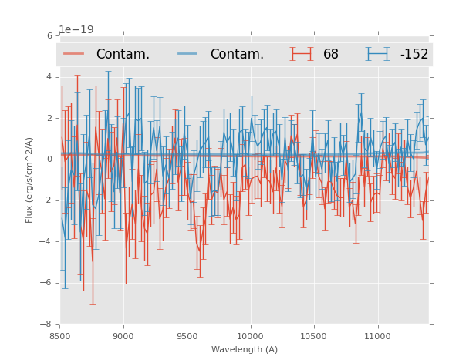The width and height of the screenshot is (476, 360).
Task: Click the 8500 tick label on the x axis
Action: pos(60,336)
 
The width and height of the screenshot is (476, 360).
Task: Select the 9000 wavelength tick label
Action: pos(123,336)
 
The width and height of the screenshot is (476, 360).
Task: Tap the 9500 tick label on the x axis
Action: pos(187,336)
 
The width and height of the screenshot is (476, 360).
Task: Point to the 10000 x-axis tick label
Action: pos(250,336)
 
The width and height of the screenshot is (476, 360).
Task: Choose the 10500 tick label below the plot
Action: pos(314,336)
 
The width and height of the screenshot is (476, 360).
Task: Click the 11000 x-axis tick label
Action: pos(377,336)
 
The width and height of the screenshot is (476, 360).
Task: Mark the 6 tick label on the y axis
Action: pos(49,35)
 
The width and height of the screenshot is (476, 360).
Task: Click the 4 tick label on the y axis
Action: pos(49,77)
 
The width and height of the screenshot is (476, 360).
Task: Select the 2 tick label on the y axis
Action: pos(49,118)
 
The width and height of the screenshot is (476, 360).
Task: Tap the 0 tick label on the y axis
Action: pos(49,160)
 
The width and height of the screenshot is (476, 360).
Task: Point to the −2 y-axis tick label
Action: pos(47,200)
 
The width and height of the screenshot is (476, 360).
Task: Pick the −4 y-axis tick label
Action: pos(47,241)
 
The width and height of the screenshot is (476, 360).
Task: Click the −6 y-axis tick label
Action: pos(47,283)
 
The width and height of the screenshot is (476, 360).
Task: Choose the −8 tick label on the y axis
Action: pos(47,324)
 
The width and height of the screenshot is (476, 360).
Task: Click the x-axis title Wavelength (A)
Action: pos(245,349)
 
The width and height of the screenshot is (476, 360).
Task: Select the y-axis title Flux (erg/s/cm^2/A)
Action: pos(29,180)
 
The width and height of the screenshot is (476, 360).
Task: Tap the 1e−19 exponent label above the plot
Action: pos(76,29)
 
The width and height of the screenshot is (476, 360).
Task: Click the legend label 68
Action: pos(331,55)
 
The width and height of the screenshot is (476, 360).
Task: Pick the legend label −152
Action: pos(414,55)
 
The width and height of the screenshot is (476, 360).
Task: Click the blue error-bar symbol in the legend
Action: pos(378,54)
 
